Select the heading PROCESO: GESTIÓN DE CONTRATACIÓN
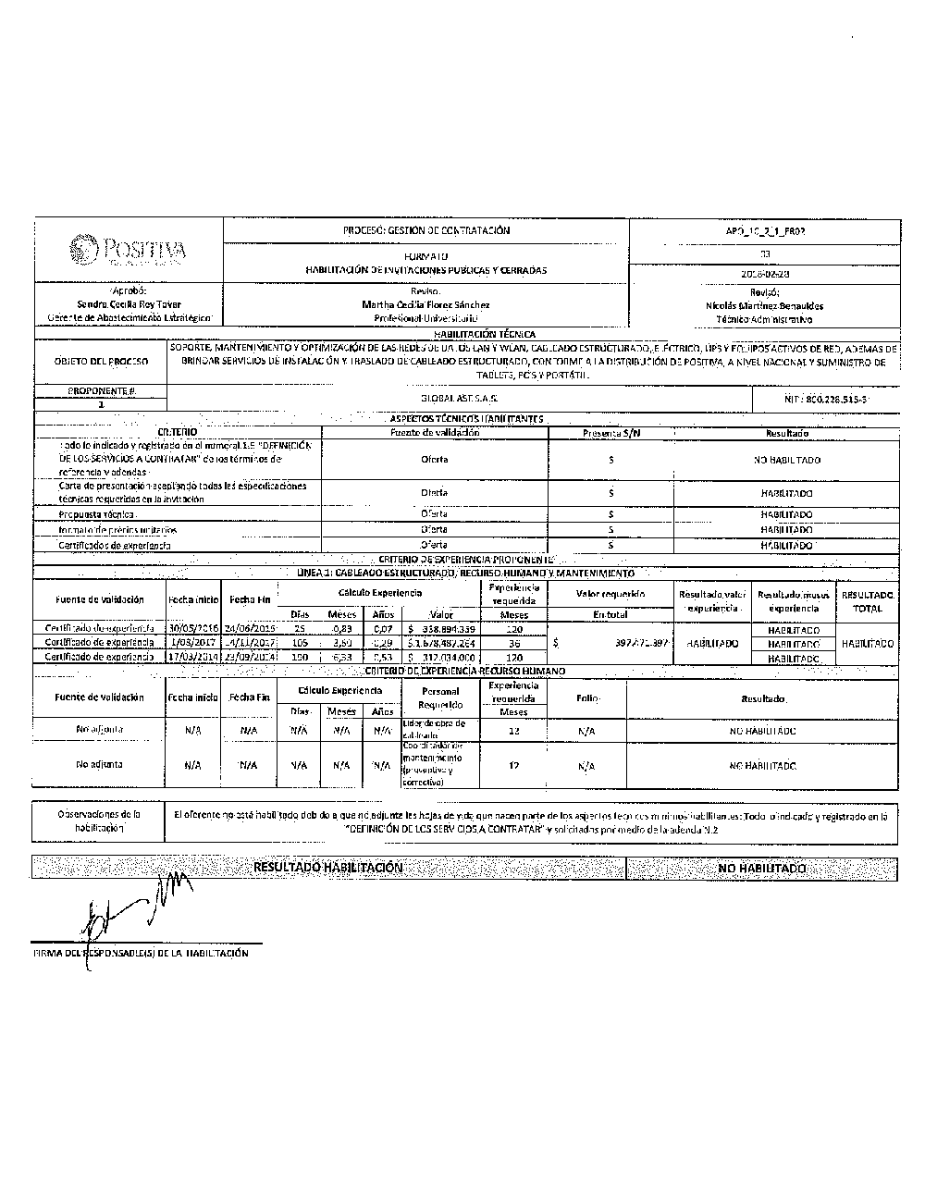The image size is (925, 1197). [x=425, y=230]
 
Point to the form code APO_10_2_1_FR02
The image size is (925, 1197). [x=764, y=230]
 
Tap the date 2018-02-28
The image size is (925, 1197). [x=764, y=274]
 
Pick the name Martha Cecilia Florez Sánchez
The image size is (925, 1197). [x=425, y=304]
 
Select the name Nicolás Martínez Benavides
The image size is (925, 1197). [x=764, y=305]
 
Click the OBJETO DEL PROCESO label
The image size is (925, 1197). [x=101, y=362]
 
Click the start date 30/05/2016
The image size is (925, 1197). [x=193, y=629]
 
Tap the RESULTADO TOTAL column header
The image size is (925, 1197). [x=867, y=602]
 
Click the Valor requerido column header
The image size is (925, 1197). [x=610, y=594]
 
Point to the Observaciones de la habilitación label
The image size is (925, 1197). [x=99, y=821]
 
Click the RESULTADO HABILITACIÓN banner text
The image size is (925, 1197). [x=327, y=868]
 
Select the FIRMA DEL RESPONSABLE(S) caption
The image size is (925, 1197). [x=141, y=953]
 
